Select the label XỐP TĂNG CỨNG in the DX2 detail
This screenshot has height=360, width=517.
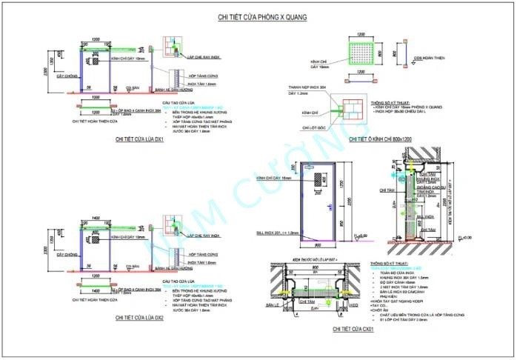coord(201,253)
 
